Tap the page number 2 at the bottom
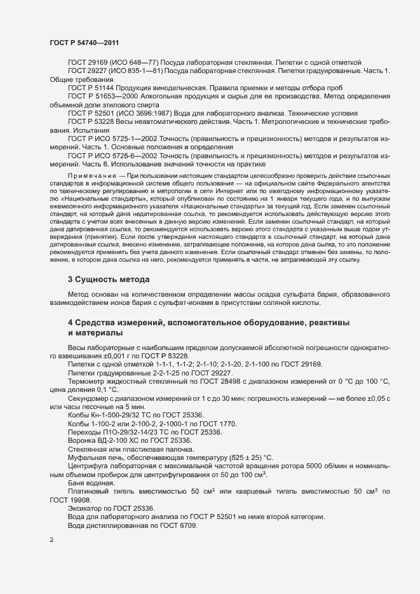click(x=51, y=541)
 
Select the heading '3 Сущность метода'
click(x=109, y=279)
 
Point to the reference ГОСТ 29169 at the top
click(x=88, y=62)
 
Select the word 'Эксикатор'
click(x=86, y=508)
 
